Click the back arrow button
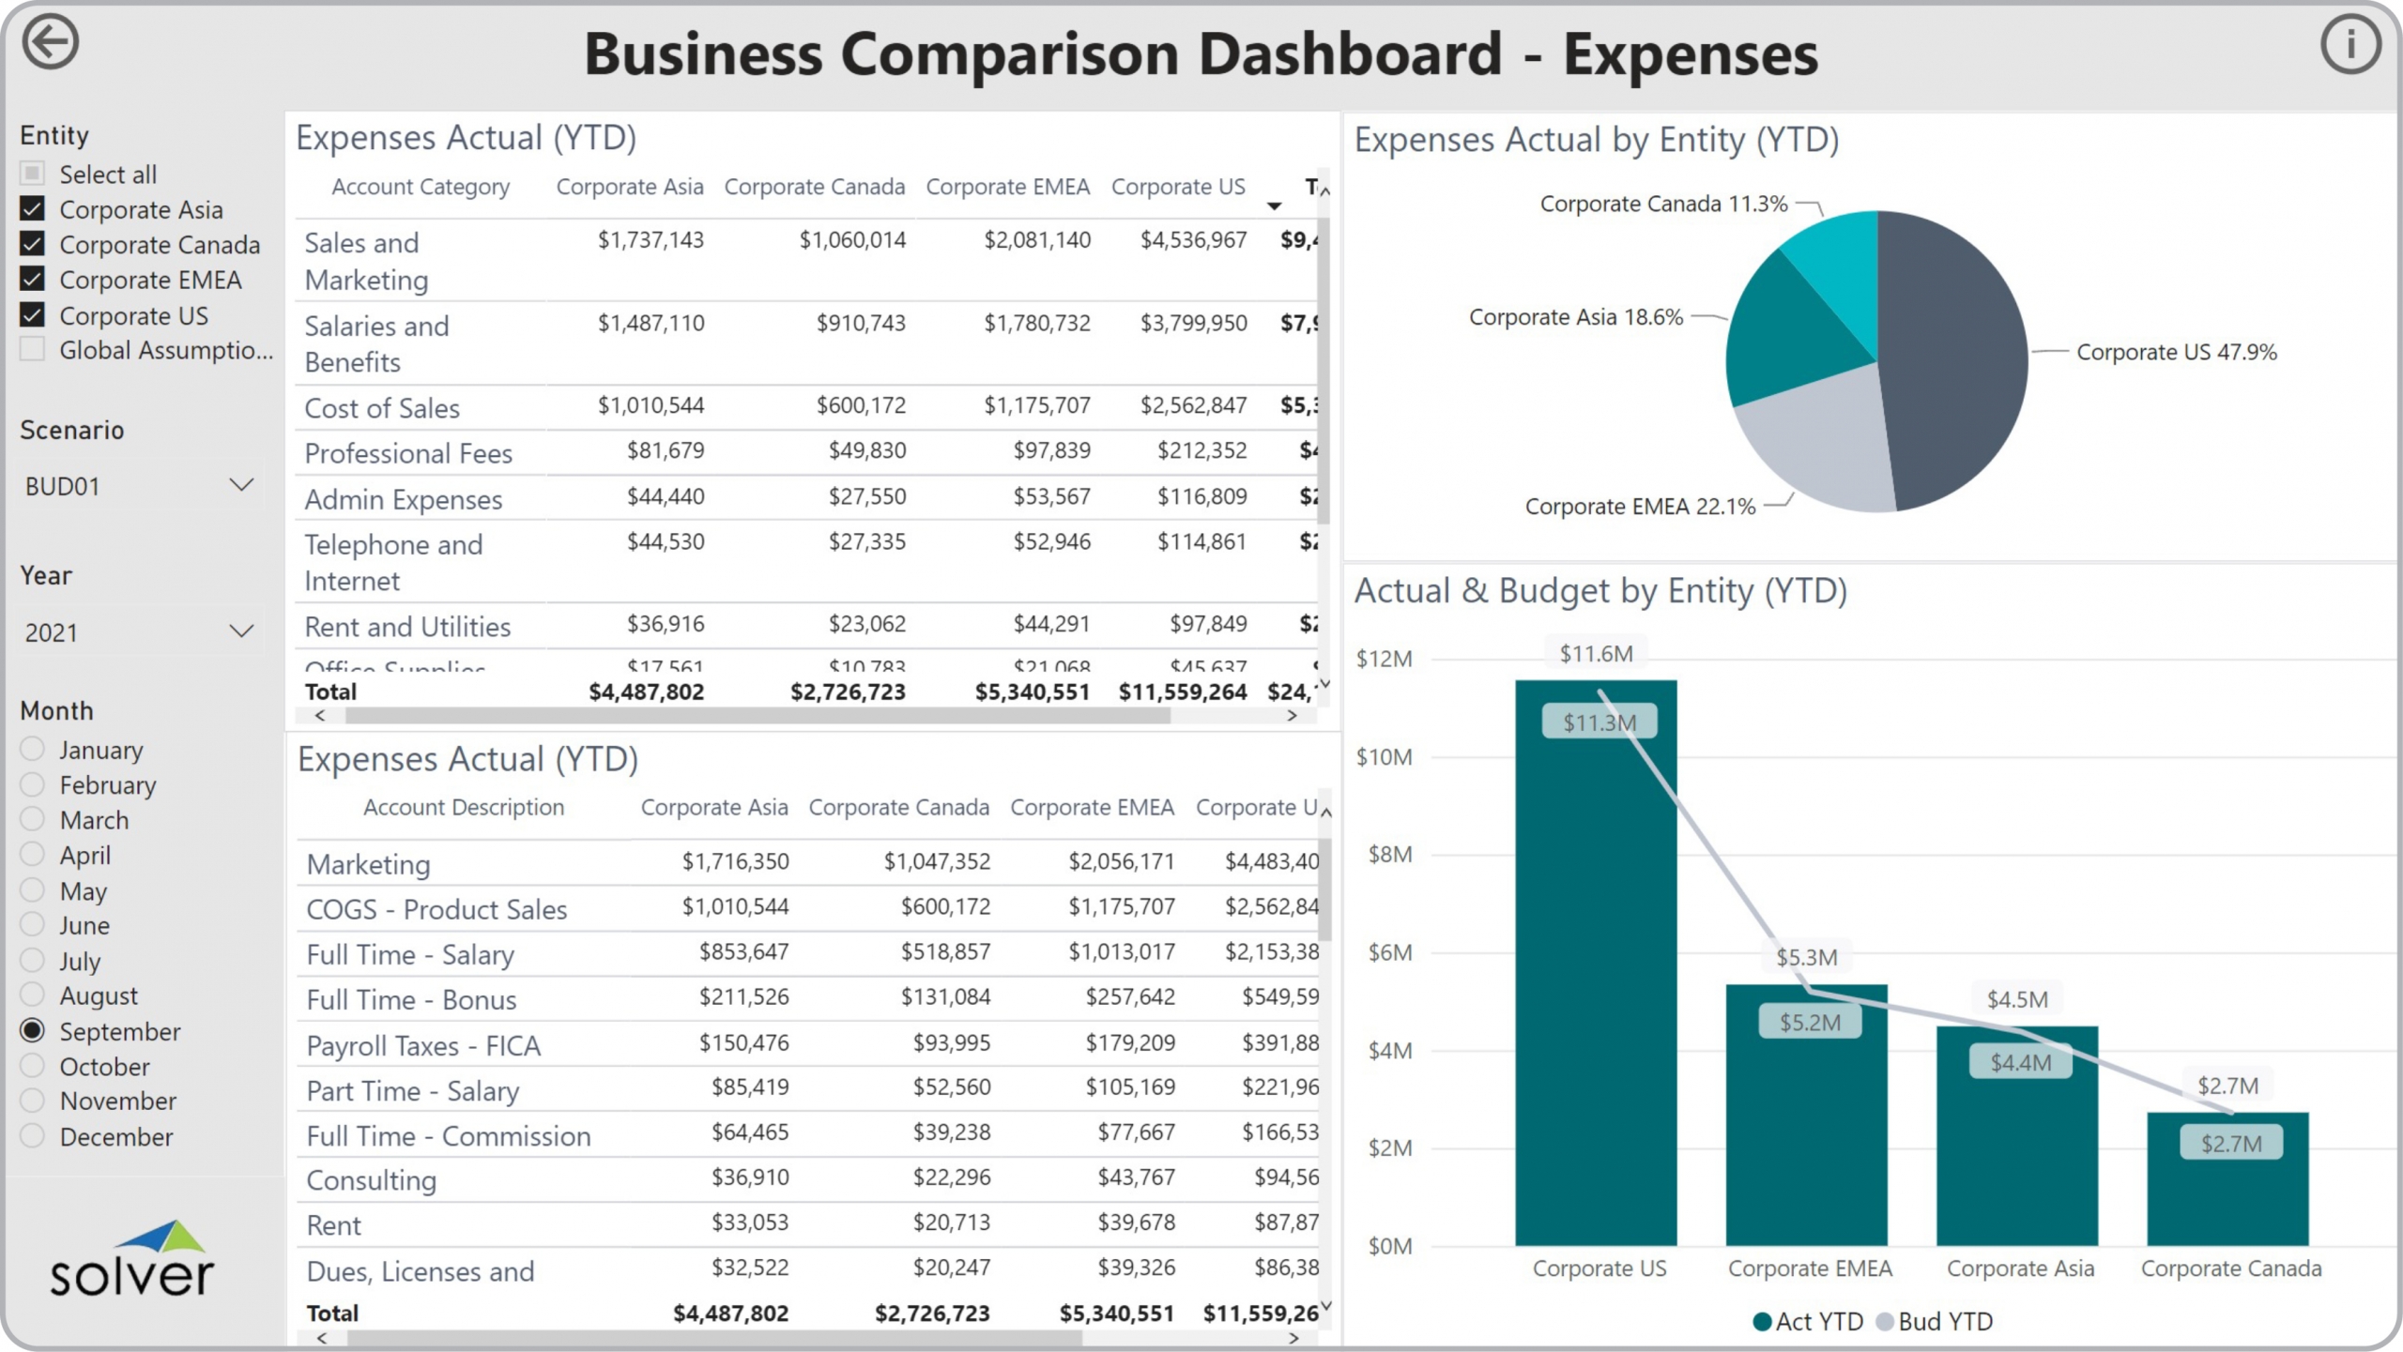click(50, 42)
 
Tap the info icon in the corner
click(2349, 44)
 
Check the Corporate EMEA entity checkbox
click(33, 280)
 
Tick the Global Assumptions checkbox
click(33, 350)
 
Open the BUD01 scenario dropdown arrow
click(241, 485)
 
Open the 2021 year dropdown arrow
click(241, 630)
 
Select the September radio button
click(33, 1030)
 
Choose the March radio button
click(33, 819)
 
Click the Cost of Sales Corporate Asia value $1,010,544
click(650, 405)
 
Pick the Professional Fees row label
click(408, 454)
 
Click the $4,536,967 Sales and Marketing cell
click(1193, 240)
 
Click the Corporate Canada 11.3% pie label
click(1663, 204)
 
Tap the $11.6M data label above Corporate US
click(1596, 654)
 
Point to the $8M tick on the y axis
click(1389, 855)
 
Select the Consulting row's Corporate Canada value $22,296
click(951, 1177)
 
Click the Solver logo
click(131, 1259)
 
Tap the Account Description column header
click(464, 808)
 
